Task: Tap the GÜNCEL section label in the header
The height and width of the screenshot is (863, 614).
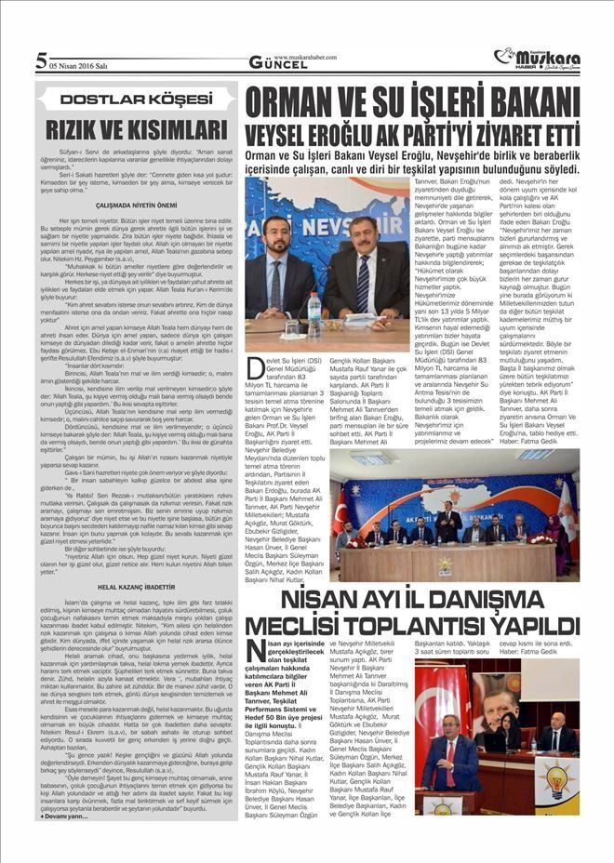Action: (x=273, y=63)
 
